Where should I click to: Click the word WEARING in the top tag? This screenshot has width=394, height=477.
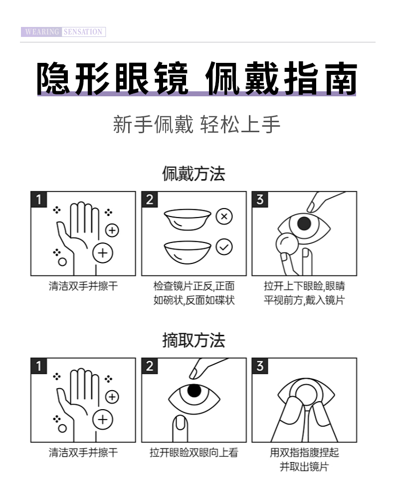pyautogui.click(x=41, y=32)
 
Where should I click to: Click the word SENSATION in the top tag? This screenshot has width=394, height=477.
pyautogui.click(x=83, y=32)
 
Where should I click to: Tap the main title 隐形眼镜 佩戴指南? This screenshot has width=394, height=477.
pyautogui.click(x=197, y=78)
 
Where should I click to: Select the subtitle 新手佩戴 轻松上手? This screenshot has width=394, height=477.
pyautogui.click(x=197, y=124)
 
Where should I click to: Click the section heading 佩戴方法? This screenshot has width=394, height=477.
pyautogui.click(x=194, y=174)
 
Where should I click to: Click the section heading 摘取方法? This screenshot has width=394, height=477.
pyautogui.click(x=194, y=340)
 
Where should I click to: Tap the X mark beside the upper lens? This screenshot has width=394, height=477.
pyautogui.click(x=224, y=217)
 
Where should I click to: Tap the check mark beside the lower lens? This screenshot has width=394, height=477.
pyautogui.click(x=224, y=246)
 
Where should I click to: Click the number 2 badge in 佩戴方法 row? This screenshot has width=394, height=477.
pyautogui.click(x=149, y=200)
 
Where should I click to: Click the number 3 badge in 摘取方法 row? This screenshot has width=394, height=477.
pyautogui.click(x=259, y=366)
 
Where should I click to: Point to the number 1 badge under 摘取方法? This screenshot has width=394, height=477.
pyautogui.click(x=38, y=366)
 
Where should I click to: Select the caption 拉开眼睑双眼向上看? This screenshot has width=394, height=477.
pyautogui.click(x=194, y=453)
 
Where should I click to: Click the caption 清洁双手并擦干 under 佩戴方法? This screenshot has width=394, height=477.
pyautogui.click(x=83, y=286)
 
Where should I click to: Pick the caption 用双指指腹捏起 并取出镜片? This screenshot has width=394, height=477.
pyautogui.click(x=304, y=460)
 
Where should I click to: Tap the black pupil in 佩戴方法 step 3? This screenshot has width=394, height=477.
pyautogui.click(x=304, y=224)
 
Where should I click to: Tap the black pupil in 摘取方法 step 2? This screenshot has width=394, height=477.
pyautogui.click(x=194, y=390)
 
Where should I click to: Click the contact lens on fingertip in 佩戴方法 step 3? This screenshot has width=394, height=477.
pyautogui.click(x=286, y=245)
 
